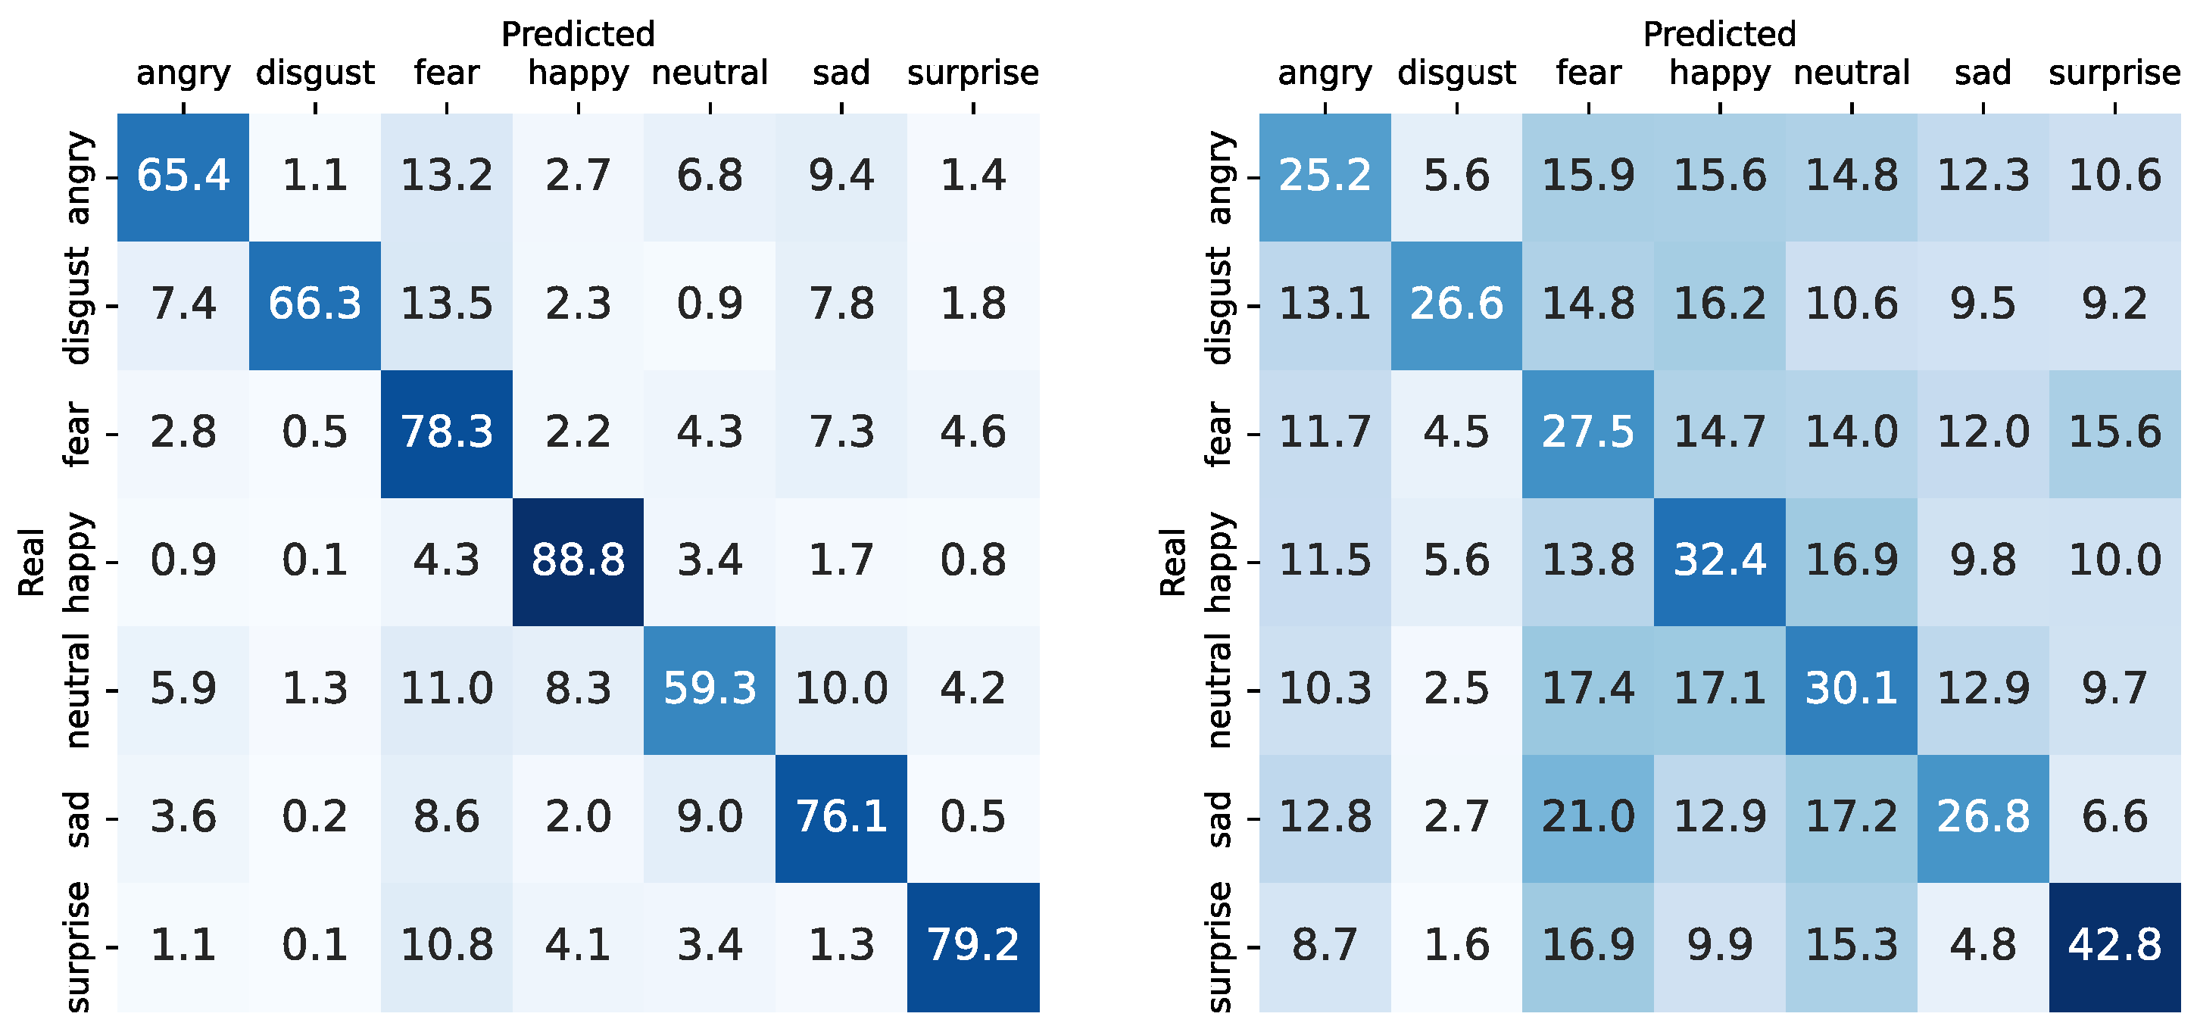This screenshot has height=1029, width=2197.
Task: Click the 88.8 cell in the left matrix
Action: click(x=579, y=561)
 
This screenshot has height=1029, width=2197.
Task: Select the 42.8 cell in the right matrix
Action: click(x=2114, y=946)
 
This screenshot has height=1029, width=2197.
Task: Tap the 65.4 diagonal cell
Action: click(x=183, y=176)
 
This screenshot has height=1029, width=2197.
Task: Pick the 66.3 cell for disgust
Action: click(x=315, y=304)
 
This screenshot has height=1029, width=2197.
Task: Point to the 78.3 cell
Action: click(x=446, y=432)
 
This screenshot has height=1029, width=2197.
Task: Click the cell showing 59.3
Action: click(x=710, y=689)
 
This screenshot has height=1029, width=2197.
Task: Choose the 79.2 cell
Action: click(x=972, y=946)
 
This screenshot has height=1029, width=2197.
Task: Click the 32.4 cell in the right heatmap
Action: click(x=1719, y=561)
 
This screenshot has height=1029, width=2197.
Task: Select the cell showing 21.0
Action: click(x=1587, y=817)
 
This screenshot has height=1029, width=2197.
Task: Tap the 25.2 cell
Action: click(x=1325, y=176)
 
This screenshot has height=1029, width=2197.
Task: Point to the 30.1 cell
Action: click(x=1851, y=689)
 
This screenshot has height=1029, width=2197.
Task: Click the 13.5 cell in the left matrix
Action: click(x=446, y=304)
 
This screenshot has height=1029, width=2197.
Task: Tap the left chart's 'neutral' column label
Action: click(x=710, y=73)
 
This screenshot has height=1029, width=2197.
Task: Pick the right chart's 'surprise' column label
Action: click(x=2114, y=74)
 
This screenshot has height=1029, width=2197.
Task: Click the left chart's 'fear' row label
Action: click(x=76, y=434)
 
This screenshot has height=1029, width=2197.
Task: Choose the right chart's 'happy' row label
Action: click(x=1219, y=562)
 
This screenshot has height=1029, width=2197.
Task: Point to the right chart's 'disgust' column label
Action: click(x=1456, y=74)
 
